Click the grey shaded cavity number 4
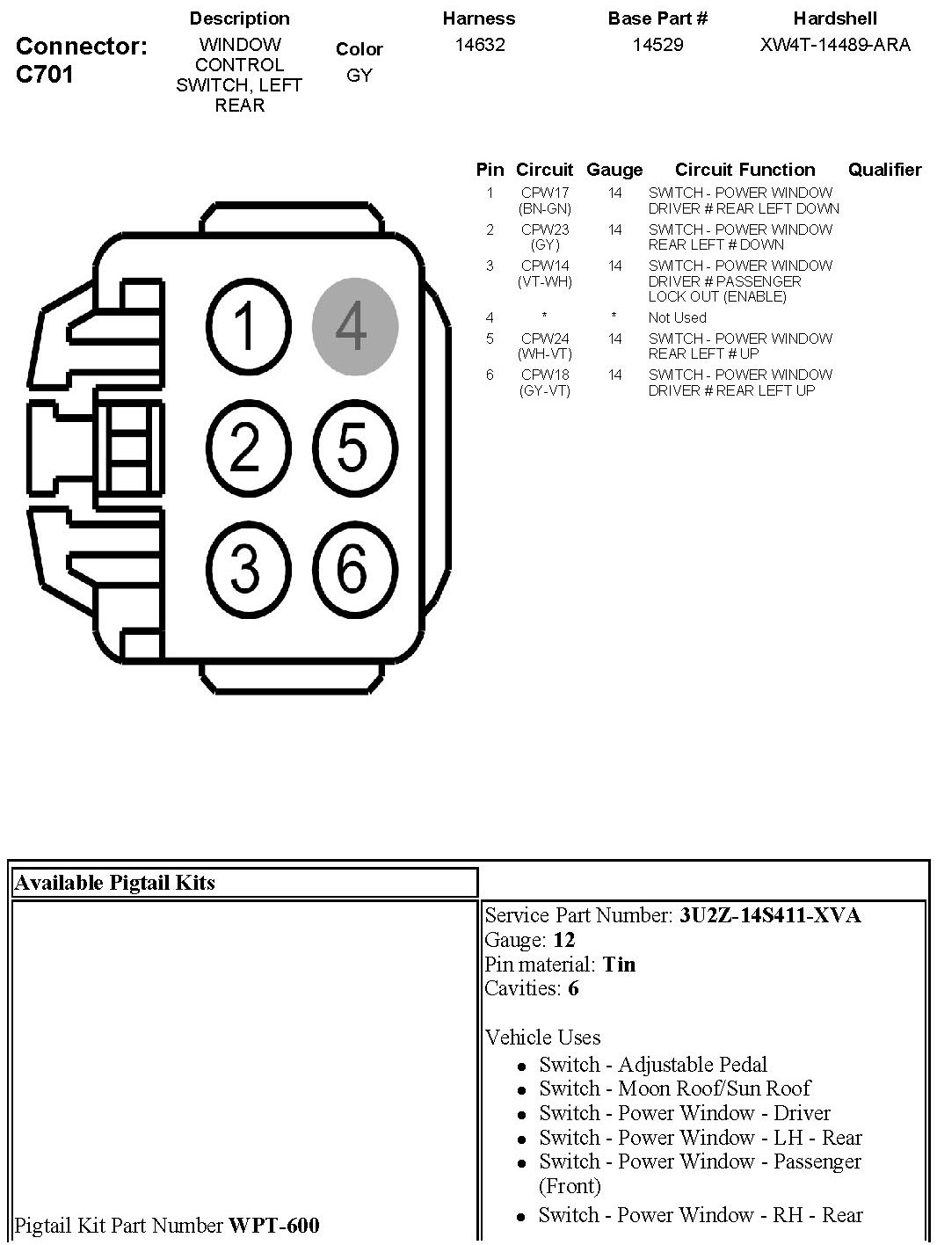point(355,326)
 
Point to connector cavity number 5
point(355,447)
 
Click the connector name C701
point(45,74)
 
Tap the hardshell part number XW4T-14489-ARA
point(835,45)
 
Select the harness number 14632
point(479,45)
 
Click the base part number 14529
point(657,45)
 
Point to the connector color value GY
point(359,76)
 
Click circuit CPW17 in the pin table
point(545,193)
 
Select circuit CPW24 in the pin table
point(545,339)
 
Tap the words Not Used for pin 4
point(677,317)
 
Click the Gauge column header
point(614,170)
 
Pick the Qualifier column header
point(884,170)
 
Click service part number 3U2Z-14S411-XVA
point(770,915)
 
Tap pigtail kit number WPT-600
point(274,1225)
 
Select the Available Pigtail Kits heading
point(114,883)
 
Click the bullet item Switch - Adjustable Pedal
point(653,1065)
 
